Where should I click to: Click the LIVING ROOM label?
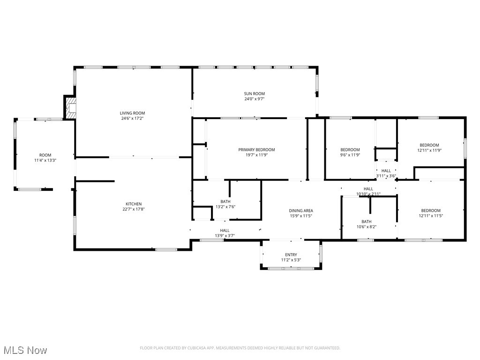click(x=132, y=113)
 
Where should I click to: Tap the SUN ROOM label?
click(x=255, y=94)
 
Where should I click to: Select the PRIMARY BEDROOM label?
click(x=256, y=150)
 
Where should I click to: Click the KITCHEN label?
click(x=134, y=204)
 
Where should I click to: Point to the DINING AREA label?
click(x=301, y=211)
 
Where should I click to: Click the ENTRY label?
click(x=291, y=255)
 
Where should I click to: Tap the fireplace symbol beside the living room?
click(x=70, y=108)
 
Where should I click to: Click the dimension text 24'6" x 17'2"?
click(x=132, y=119)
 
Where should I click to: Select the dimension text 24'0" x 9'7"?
click(x=255, y=99)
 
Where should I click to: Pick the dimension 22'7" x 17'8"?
click(x=134, y=210)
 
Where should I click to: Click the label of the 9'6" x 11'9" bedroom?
click(x=350, y=150)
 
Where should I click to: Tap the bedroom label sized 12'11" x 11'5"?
click(x=430, y=210)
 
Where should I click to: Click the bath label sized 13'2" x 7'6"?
click(x=225, y=202)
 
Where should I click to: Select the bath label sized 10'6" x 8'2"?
click(x=366, y=222)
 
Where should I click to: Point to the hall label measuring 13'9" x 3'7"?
click(x=225, y=231)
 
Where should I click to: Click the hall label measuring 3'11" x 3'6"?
click(x=386, y=171)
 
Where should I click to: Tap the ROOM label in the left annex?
click(x=45, y=155)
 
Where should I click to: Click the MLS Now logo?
click(x=25, y=350)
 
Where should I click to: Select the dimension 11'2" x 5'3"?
click(x=291, y=260)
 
